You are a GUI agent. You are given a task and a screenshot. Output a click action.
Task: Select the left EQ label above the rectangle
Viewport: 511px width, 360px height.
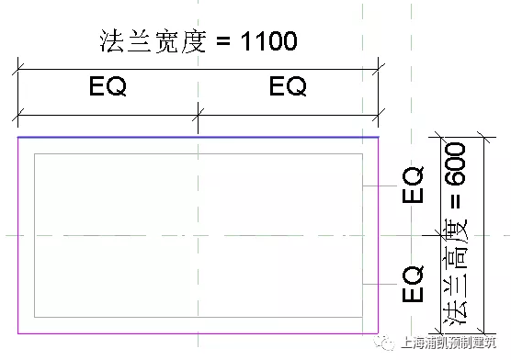(x=108, y=88)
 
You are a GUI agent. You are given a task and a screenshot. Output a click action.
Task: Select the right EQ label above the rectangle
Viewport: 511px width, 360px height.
(x=288, y=88)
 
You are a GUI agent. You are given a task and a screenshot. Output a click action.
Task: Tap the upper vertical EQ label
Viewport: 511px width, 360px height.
(x=414, y=186)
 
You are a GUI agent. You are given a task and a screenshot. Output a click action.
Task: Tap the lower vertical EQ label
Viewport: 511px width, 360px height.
(x=414, y=285)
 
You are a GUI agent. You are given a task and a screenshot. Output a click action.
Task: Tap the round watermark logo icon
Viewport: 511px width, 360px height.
(x=382, y=345)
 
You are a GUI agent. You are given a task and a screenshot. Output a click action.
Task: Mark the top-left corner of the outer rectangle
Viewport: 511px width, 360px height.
(x=18, y=138)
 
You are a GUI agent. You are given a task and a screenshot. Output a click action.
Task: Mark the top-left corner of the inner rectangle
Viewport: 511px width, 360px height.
(x=35, y=154)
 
